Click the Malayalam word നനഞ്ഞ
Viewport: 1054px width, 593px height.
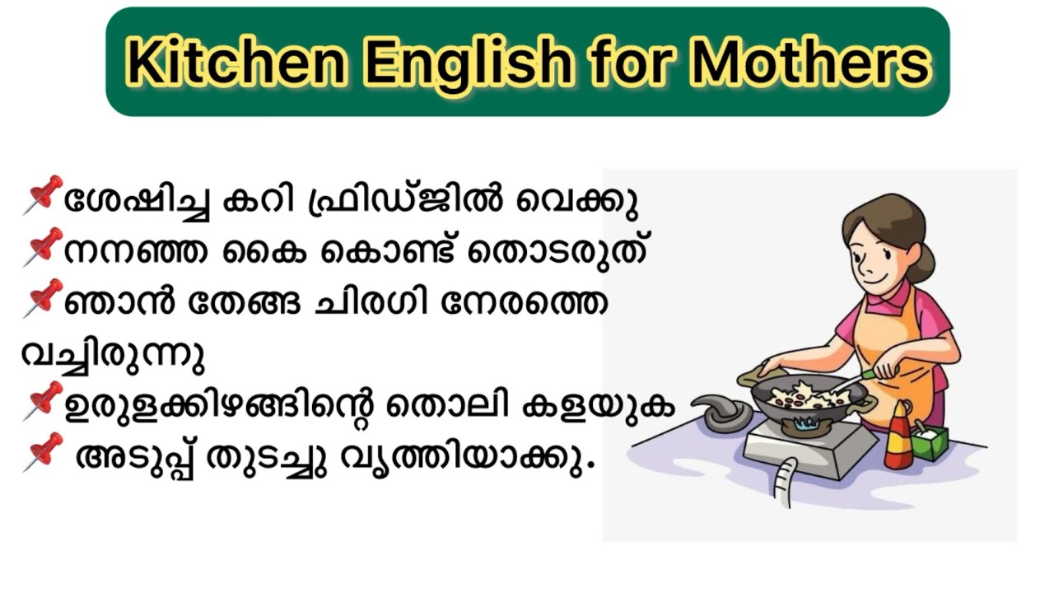click(136, 253)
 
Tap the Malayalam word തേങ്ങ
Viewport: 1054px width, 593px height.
click(245, 304)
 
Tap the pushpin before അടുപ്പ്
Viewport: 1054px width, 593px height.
click(44, 452)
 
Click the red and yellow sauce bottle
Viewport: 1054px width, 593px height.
click(898, 435)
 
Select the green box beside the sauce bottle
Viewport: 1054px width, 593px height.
click(930, 442)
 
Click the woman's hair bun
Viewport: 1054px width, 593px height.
click(923, 263)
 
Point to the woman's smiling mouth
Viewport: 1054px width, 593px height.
click(874, 278)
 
